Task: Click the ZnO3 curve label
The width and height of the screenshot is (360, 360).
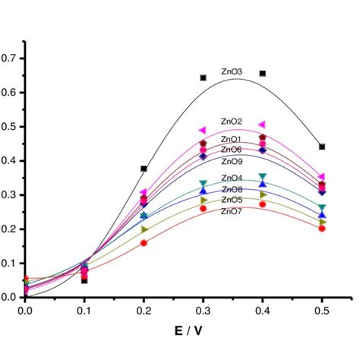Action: [x=232, y=72]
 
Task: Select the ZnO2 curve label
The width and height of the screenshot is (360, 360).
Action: [x=232, y=122]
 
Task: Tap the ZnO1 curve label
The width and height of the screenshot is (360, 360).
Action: [x=232, y=140]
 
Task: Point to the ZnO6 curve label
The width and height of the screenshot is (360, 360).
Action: [x=232, y=150]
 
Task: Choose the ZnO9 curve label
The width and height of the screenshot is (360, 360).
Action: [x=232, y=161]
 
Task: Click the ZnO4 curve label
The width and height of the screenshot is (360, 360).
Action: [x=232, y=178]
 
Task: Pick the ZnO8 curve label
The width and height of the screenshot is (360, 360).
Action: [x=232, y=189]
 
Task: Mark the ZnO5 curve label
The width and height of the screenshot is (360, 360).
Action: [x=232, y=200]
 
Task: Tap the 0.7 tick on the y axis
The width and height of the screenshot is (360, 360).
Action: [x=11, y=58]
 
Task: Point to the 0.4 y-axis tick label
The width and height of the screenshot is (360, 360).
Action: [x=11, y=160]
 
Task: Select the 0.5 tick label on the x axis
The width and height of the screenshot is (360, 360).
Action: [x=322, y=310]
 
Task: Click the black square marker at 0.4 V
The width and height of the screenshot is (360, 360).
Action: [x=263, y=74]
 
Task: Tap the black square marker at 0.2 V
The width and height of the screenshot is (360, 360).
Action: [x=144, y=169]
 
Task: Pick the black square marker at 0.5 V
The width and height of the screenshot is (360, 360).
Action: [x=322, y=147]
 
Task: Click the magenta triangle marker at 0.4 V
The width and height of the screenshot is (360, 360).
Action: [x=262, y=124]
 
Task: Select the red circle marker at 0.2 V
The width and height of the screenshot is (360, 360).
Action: [x=144, y=243]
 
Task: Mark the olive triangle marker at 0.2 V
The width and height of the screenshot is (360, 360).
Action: [x=144, y=229]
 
